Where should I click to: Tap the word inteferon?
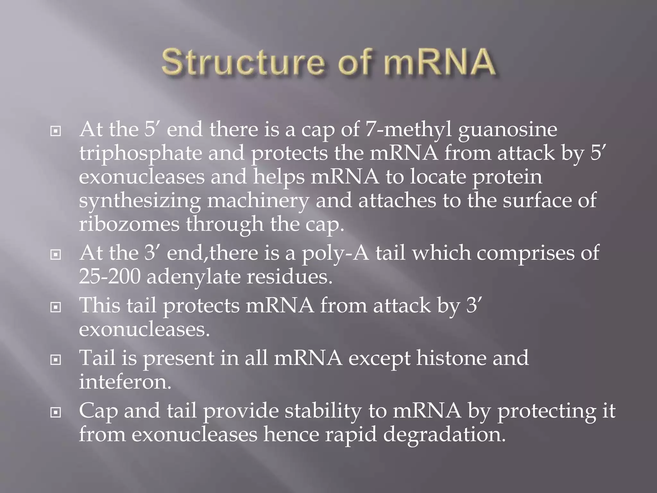125,382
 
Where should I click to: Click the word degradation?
444,435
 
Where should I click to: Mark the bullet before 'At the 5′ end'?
56,131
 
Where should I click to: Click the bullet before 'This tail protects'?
56,307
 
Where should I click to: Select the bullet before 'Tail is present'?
56,360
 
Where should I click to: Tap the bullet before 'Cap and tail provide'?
56,412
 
